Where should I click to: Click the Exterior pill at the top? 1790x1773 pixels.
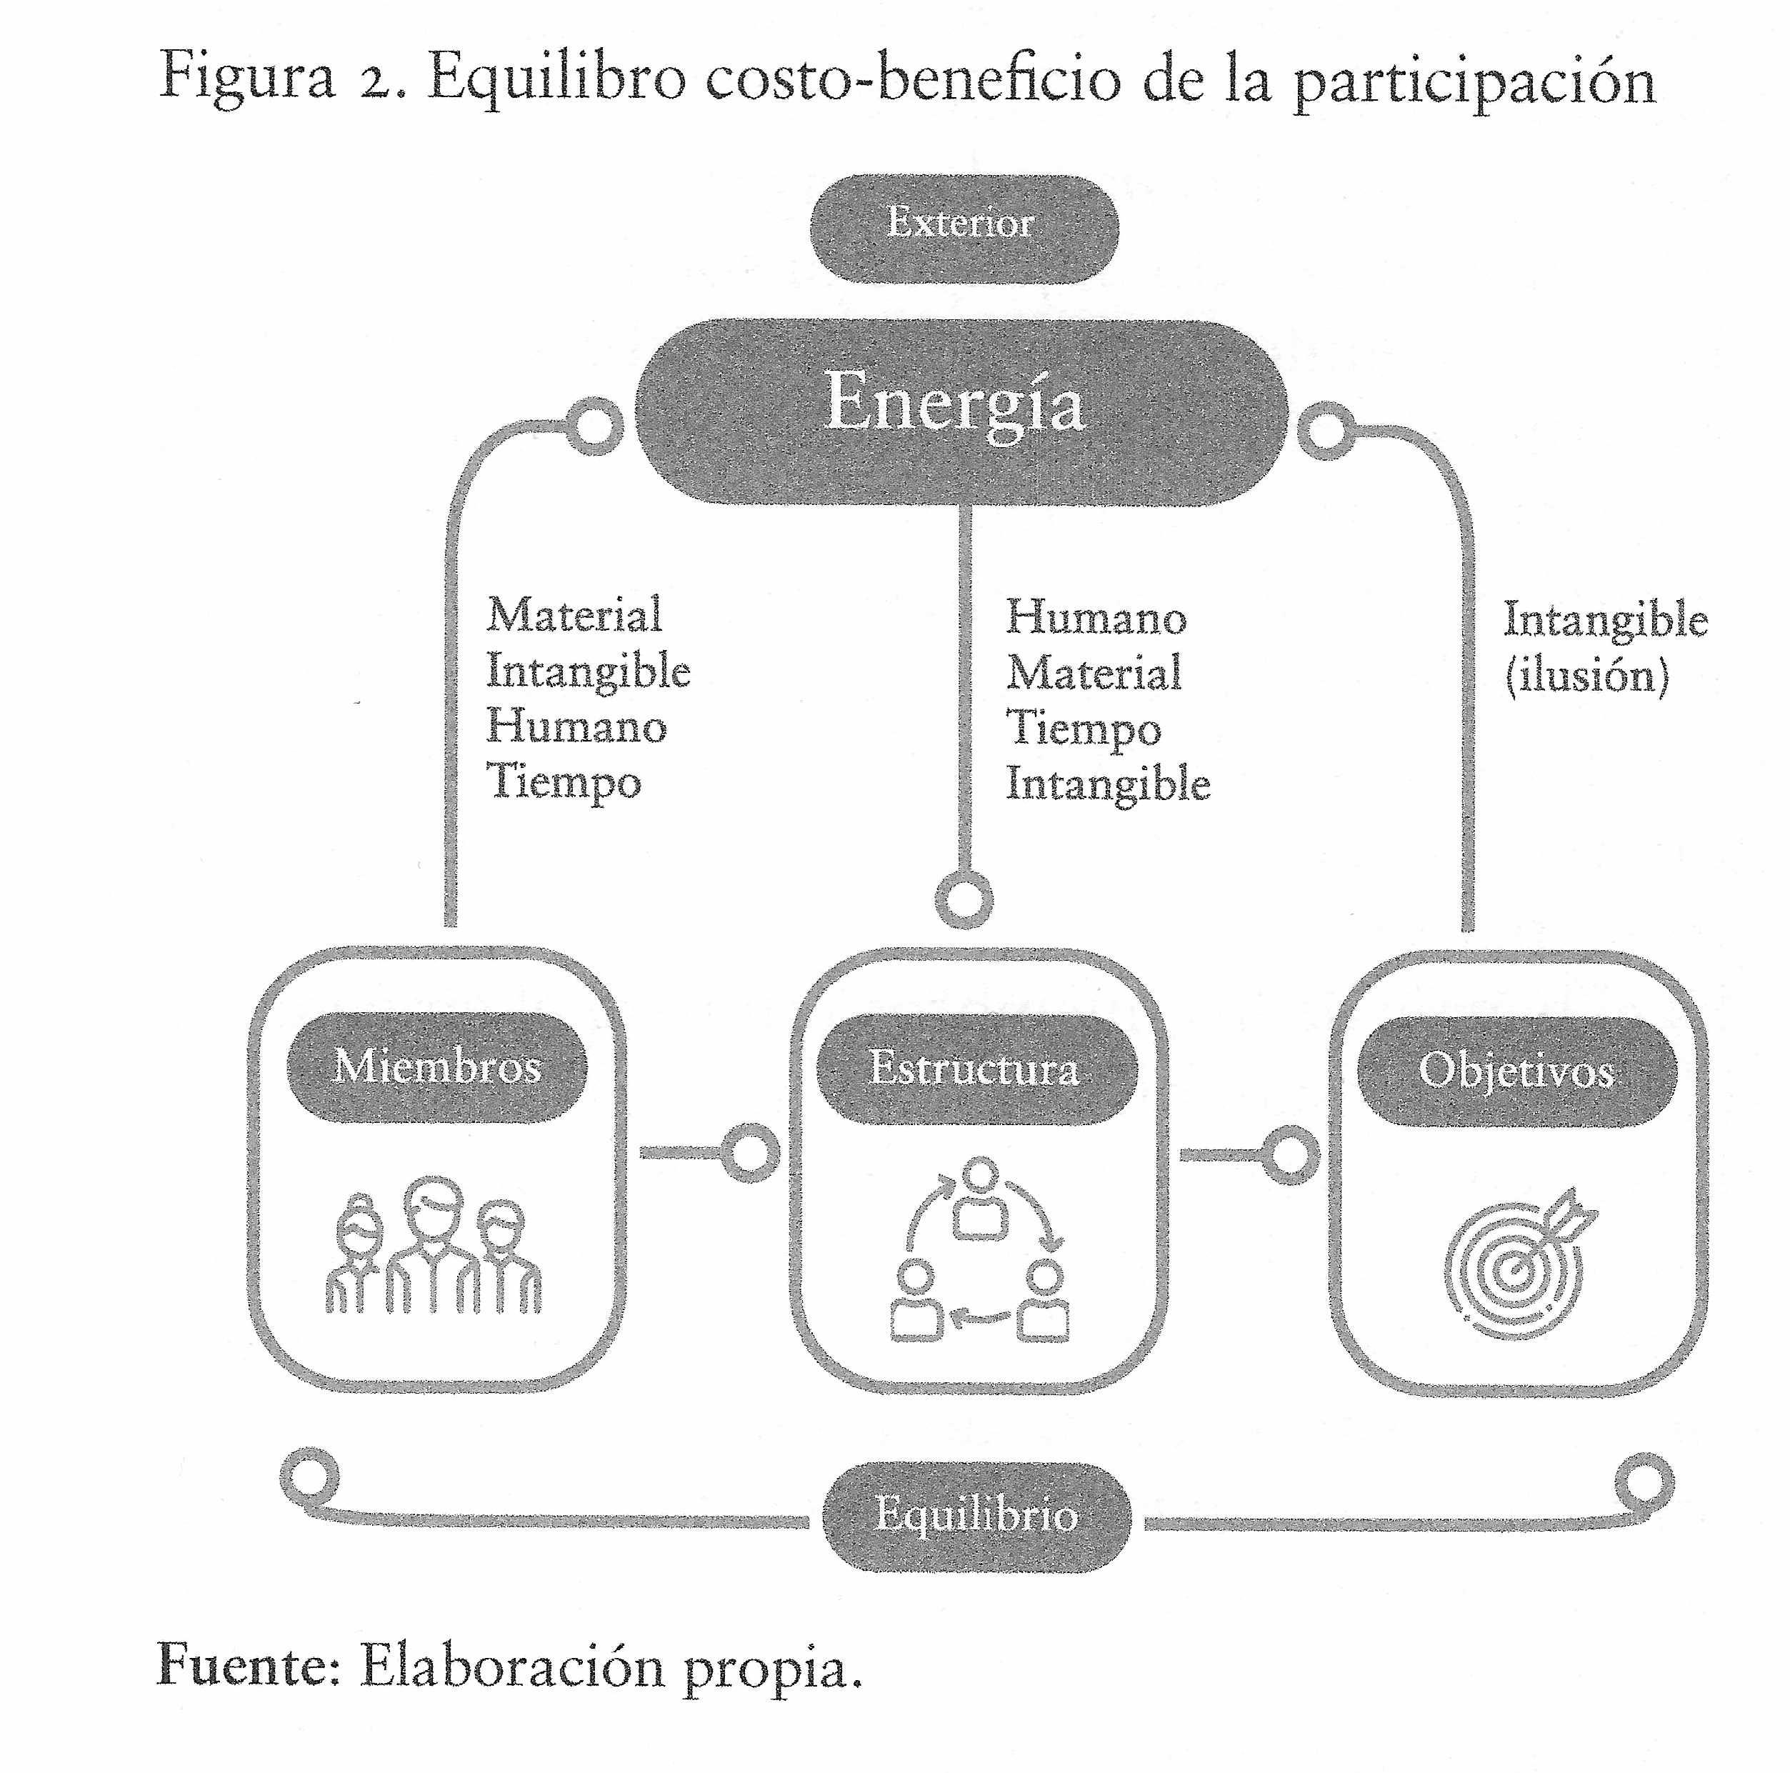(964, 227)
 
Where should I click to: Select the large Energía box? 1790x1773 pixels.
(961, 412)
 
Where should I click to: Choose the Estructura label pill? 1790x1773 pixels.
(976, 1069)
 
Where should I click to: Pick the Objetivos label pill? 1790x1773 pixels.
(1516, 1072)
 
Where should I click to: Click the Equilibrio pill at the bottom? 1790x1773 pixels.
(976, 1514)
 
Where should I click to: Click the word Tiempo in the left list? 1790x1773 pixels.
(564, 781)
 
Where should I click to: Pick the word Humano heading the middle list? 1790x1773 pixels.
(1096, 616)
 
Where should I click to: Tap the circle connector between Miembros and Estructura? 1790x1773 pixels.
(749, 1153)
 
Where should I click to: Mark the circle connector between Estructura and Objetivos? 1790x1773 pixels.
(1289, 1155)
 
